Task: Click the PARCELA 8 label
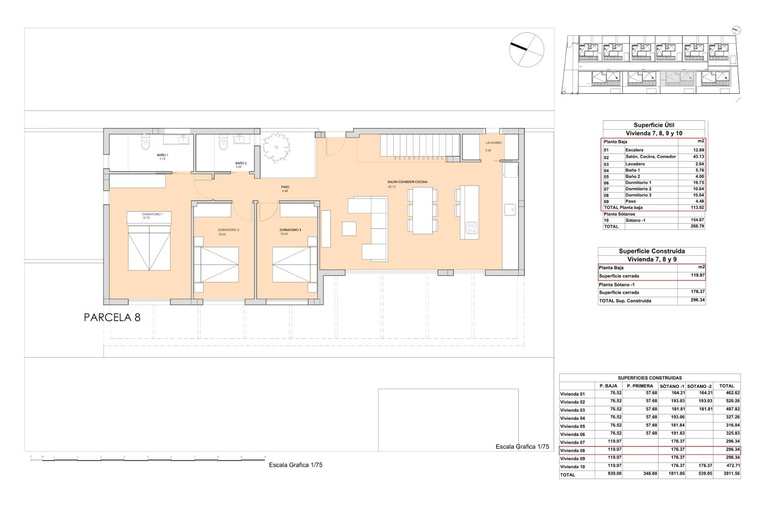[112, 318]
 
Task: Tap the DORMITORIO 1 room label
[152, 214]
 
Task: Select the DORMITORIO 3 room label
[290, 230]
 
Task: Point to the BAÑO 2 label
[241, 163]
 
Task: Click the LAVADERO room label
[494, 143]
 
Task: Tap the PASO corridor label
[285, 187]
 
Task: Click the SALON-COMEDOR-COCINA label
[407, 182]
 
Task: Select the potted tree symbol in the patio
[276, 147]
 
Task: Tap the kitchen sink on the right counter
[510, 210]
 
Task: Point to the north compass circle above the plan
[526, 50]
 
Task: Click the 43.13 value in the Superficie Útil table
[698, 157]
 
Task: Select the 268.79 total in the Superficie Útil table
[697, 226]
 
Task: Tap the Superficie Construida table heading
[652, 251]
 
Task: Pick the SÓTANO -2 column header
[699, 386]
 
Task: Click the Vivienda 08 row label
[572, 450]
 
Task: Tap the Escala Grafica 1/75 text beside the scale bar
[296, 465]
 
